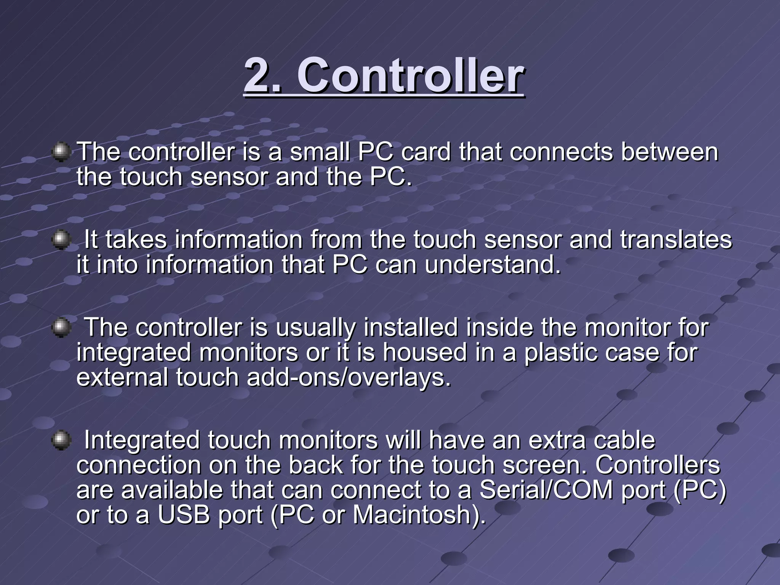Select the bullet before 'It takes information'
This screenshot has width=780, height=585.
(x=61, y=240)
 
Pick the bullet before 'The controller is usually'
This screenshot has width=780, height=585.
(x=61, y=328)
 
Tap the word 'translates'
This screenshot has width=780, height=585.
(x=676, y=240)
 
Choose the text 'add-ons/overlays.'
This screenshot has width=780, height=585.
(x=349, y=377)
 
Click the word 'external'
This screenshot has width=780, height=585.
(x=122, y=377)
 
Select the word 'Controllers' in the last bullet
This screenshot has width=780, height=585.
(x=658, y=465)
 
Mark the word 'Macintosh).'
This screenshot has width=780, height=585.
(x=419, y=515)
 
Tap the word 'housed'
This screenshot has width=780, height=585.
(x=425, y=353)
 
